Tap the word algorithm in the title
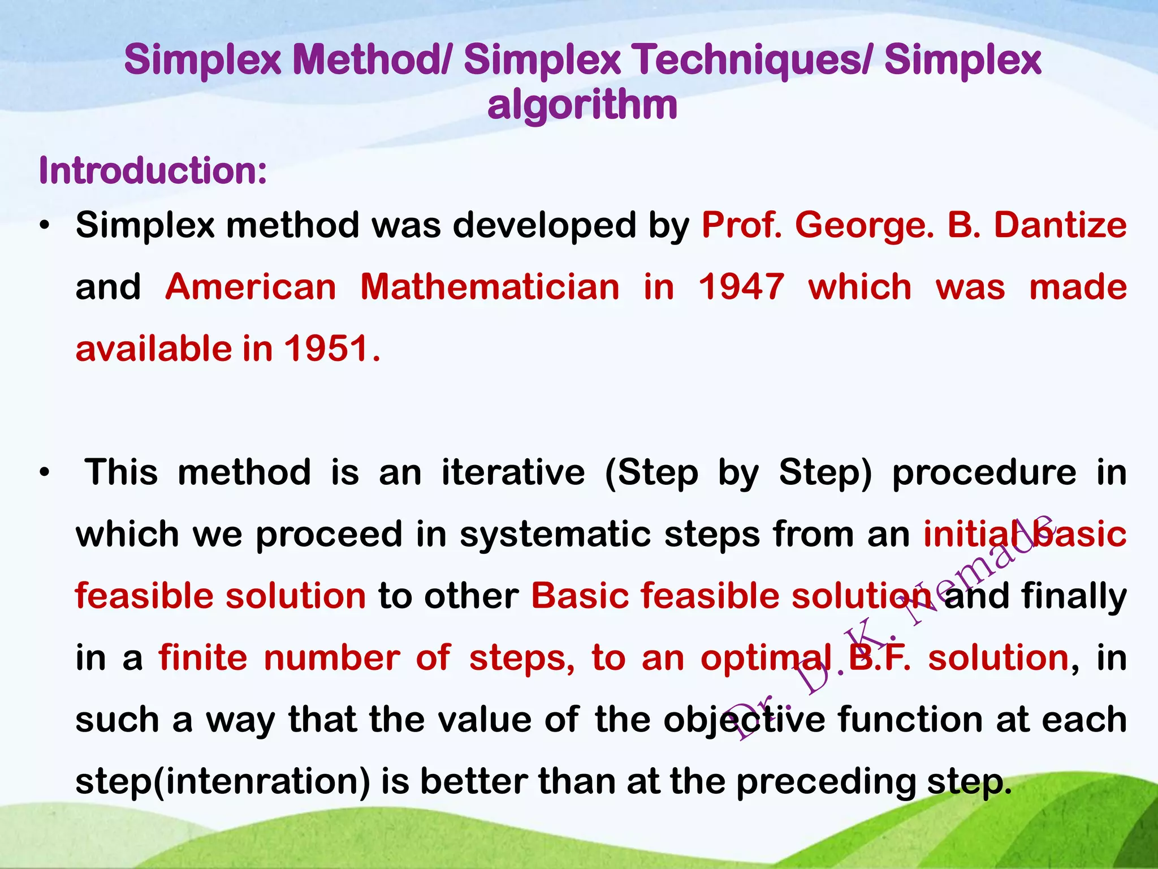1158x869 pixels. point(582,105)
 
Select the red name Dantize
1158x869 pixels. point(1060,225)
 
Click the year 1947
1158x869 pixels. point(741,287)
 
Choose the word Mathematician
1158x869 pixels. point(490,287)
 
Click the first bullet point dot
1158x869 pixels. point(45,226)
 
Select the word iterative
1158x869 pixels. point(513,472)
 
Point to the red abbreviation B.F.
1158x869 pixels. point(879,658)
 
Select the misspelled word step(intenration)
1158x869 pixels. point(223,782)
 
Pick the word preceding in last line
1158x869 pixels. point(826,782)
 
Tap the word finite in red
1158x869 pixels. point(202,658)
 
